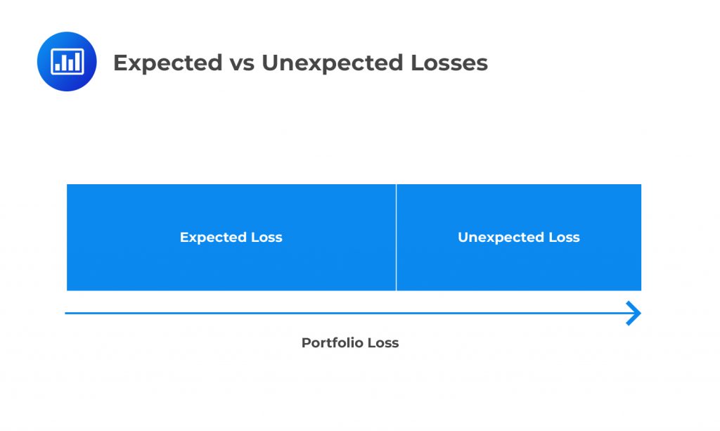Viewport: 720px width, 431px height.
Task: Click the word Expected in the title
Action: (167, 63)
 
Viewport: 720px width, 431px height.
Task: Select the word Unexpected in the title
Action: (332, 63)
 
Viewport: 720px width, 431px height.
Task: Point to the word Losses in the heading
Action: (449, 63)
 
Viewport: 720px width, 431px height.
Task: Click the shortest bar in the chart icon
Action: (58, 66)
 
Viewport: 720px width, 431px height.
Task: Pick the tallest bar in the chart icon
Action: (78, 61)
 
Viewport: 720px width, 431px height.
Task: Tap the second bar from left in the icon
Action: (64, 63)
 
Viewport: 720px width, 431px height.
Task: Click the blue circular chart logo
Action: (67, 61)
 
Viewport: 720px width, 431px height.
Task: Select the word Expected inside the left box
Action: (213, 238)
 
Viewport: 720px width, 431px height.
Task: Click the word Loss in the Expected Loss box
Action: (266, 238)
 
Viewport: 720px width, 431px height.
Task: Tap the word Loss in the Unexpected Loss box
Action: (565, 238)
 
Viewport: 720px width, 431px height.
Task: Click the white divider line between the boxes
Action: (396, 238)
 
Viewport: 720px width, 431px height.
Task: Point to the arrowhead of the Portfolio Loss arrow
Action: (634, 314)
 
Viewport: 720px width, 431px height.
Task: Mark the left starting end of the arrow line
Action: (65, 314)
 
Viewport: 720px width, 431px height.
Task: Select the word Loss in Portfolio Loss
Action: (383, 343)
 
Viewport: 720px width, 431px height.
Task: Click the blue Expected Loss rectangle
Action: (231, 238)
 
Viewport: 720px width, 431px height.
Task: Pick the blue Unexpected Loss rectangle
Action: (519, 238)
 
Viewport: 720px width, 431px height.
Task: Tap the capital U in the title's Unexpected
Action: (270, 63)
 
